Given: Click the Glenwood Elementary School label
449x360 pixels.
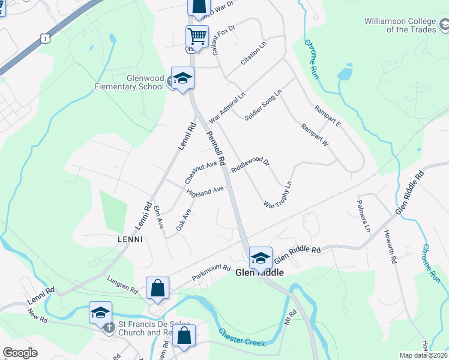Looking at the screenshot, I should coord(128,82).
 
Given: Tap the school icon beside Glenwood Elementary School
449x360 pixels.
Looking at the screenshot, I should coord(182,78).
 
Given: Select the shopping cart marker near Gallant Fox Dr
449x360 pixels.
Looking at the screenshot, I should coord(197,37).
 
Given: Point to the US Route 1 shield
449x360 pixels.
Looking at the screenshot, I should coord(45,38).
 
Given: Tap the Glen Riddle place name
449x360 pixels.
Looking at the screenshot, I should coord(259,272).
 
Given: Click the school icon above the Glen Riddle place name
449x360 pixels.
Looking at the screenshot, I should coord(261,258).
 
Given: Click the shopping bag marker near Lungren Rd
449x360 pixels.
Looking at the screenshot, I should coord(157,288).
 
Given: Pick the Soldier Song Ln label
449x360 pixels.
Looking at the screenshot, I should coord(263,105).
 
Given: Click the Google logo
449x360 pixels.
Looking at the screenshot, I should coord(20,353).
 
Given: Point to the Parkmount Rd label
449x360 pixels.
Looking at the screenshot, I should coord(211,272).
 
